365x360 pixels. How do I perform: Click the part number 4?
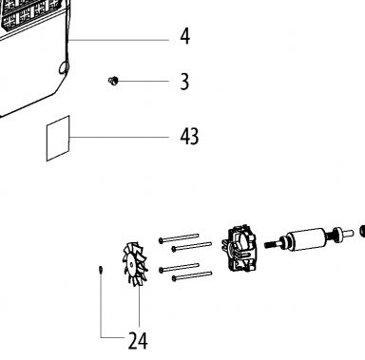pyautogui.click(x=185, y=36)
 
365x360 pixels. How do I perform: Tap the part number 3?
pyautogui.click(x=184, y=82)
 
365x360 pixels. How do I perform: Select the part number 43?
pyautogui.click(x=189, y=137)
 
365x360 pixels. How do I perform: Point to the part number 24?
pyautogui.click(x=138, y=341)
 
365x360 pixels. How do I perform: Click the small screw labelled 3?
pyautogui.click(x=113, y=81)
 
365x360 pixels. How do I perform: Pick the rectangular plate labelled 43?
pyautogui.click(x=58, y=139)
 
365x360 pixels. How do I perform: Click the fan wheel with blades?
pyautogui.click(x=134, y=264)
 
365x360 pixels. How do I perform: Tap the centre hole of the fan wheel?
pyautogui.click(x=131, y=265)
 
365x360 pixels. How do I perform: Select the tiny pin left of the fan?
pyautogui.click(x=101, y=270)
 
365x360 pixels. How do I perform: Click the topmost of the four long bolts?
pyautogui.click(x=179, y=238)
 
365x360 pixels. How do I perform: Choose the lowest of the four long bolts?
pyautogui.click(x=192, y=275)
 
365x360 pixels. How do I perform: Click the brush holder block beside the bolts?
pyautogui.click(x=240, y=249)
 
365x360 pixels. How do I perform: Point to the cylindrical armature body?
pyautogui.click(x=307, y=239)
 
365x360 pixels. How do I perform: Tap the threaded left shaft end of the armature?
pyautogui.click(x=272, y=244)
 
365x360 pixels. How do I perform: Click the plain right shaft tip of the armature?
pyautogui.click(x=349, y=233)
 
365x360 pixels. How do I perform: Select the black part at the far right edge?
pyautogui.click(x=362, y=231)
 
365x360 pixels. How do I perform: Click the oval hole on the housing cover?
pyautogui.click(x=64, y=67)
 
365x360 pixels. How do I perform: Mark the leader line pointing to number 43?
pyautogui.click(x=119, y=137)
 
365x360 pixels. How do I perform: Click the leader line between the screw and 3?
pyautogui.click(x=143, y=81)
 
